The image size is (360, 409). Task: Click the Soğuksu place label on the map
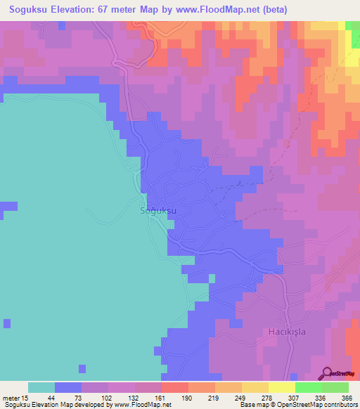tap(157, 210)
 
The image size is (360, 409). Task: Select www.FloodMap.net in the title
tap(207, 9)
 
